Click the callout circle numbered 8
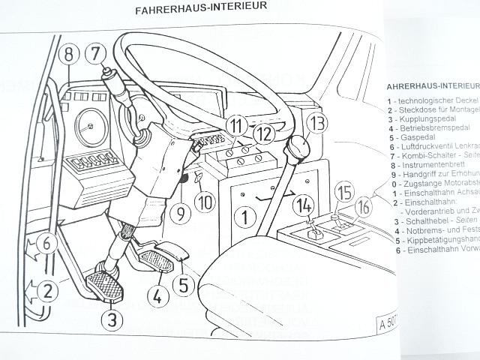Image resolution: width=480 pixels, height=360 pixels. (x=67, y=54)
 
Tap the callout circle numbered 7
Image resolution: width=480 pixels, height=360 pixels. (x=95, y=53)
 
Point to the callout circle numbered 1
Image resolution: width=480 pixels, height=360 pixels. (x=241, y=218)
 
